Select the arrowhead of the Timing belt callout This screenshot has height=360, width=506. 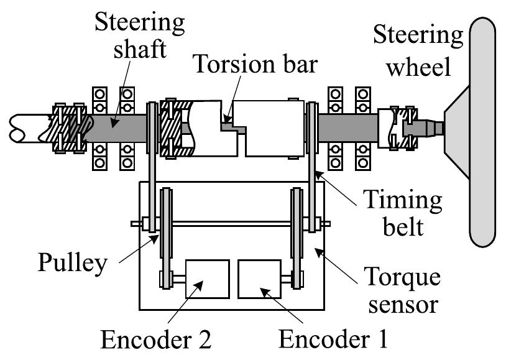(316, 175)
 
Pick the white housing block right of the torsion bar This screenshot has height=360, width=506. (274, 127)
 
